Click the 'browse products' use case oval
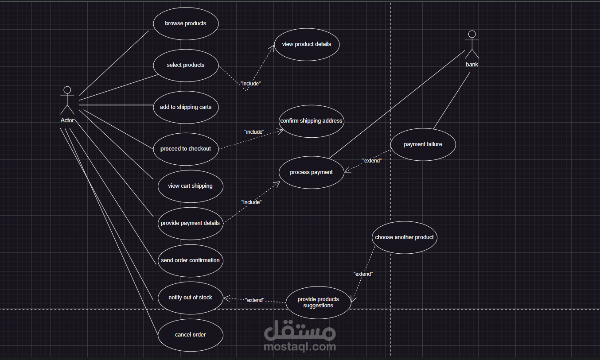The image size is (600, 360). (186, 23)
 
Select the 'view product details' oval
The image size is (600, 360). (307, 44)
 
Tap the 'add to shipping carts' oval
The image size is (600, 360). (186, 107)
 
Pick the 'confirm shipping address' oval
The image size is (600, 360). (311, 121)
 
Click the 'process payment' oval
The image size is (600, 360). (311, 172)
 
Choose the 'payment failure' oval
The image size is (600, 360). (423, 144)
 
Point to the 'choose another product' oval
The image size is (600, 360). (404, 237)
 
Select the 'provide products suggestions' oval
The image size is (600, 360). (318, 302)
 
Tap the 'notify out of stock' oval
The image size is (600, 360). (190, 298)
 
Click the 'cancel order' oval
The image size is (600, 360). (190, 335)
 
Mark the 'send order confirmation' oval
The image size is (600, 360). (190, 260)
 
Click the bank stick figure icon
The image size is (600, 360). (472, 44)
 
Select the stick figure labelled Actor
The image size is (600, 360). (67, 101)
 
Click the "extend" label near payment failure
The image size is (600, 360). (372, 161)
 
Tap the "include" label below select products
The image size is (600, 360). (250, 83)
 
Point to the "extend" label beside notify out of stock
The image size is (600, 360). (255, 300)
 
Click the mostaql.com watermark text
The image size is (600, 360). (300, 347)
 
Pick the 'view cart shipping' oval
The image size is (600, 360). (190, 186)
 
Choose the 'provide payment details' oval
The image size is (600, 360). (190, 223)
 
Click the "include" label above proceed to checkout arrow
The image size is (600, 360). (254, 132)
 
